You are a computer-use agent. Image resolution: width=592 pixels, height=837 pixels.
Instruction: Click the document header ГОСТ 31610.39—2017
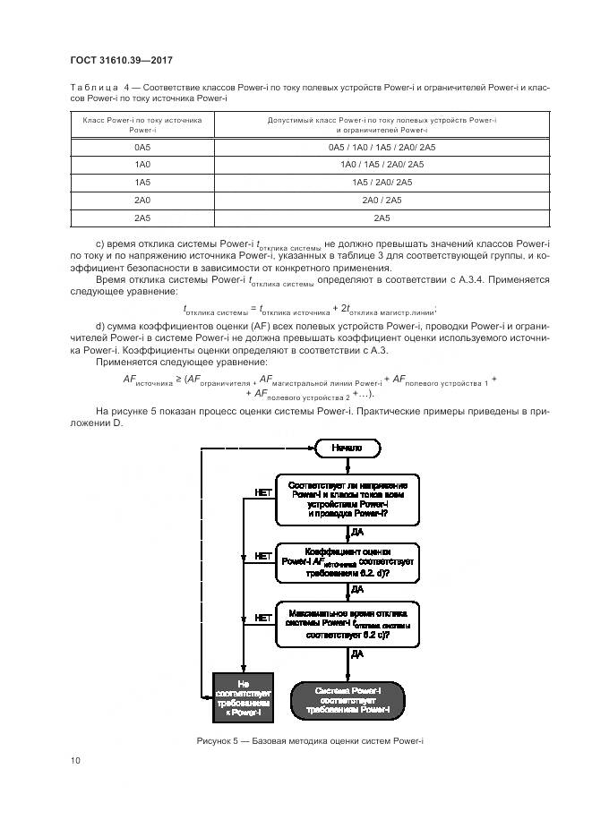[x=120, y=60]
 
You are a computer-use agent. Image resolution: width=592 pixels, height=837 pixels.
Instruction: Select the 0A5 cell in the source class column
[x=142, y=146]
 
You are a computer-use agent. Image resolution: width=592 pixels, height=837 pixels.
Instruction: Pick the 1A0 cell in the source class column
[x=142, y=164]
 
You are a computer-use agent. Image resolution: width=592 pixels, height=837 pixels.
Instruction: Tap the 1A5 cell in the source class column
[x=142, y=182]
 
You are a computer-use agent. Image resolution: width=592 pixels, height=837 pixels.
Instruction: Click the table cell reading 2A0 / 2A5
[x=382, y=200]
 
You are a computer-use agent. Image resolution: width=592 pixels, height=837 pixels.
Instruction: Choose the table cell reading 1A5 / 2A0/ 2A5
[x=382, y=182]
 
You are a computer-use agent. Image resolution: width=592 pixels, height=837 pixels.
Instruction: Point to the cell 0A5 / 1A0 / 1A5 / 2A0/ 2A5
[x=382, y=146]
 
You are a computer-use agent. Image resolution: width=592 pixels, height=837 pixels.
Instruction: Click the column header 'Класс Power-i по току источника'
[x=142, y=124]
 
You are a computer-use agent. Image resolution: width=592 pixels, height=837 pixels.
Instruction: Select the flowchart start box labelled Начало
[x=347, y=447]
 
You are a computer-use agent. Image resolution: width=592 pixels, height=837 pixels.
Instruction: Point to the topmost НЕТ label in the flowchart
[x=263, y=492]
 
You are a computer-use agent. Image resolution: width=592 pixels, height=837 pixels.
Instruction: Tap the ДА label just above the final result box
[x=356, y=654]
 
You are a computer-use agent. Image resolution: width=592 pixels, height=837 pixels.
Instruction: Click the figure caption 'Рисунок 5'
[x=310, y=740]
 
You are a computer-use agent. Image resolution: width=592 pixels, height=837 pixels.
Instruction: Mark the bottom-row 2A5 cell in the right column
[x=382, y=218]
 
